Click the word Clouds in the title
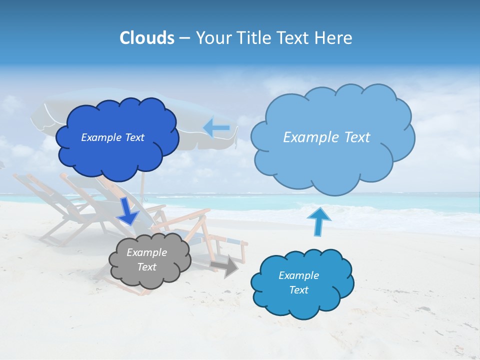tap(146, 38)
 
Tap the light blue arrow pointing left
tap(216, 128)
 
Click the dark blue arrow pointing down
tap(128, 211)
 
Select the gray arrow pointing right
tap(224, 266)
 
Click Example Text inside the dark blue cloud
tap(112, 137)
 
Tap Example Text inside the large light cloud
tap(326, 137)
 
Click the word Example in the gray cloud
tap(146, 252)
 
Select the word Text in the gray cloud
tap(146, 267)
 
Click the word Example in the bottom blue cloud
tap(298, 275)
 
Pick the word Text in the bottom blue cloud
tap(298, 290)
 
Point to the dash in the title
tap(184, 38)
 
